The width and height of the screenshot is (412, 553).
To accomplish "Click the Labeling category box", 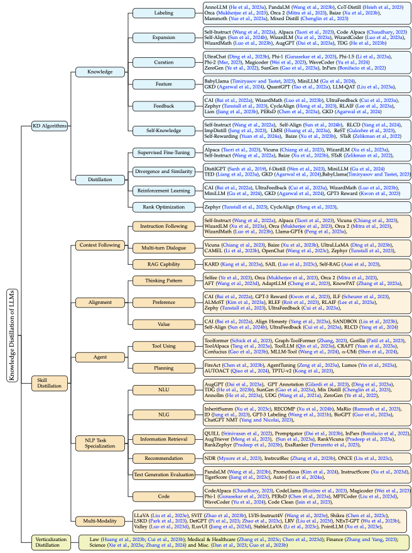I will (164, 12).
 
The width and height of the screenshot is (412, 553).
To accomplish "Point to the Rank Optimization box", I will (164, 206).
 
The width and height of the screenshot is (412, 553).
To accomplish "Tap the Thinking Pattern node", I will (164, 281).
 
